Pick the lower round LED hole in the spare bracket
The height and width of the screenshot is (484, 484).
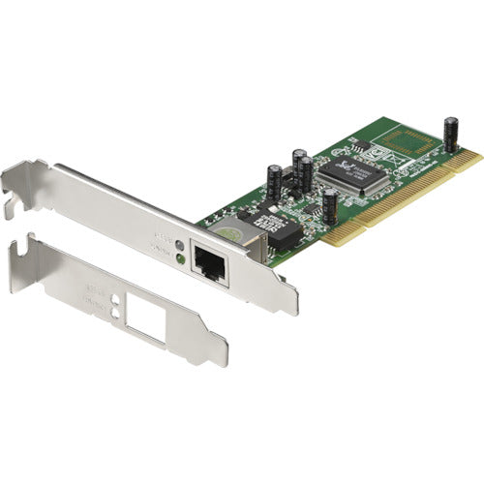point(115,313)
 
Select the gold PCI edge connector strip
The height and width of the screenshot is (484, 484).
point(407,198)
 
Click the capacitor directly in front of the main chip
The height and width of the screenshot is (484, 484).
point(331,206)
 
